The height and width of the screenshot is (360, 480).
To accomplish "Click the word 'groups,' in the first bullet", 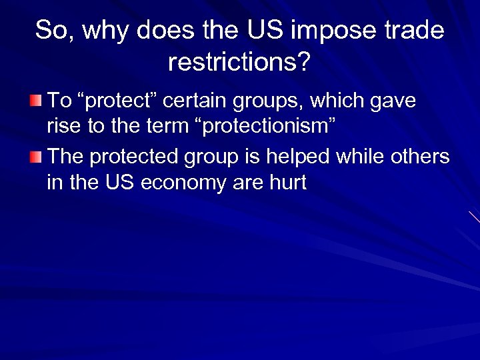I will [x=265, y=101].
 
